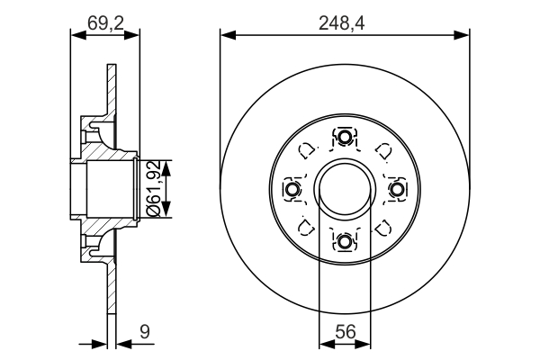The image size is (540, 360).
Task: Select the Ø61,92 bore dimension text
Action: pos(154,188)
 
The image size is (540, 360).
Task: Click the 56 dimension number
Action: pos(345,332)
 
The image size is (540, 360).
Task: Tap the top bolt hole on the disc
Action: pos(345,138)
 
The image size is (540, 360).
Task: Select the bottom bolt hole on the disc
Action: pos(345,240)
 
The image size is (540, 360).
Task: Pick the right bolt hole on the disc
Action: pos(396,189)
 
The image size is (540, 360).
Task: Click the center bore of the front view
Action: pos(345,189)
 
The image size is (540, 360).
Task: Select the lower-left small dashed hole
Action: pos(307,227)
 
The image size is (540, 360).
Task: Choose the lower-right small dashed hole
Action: pos(382,227)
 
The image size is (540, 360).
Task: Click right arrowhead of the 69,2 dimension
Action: pos(136,35)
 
